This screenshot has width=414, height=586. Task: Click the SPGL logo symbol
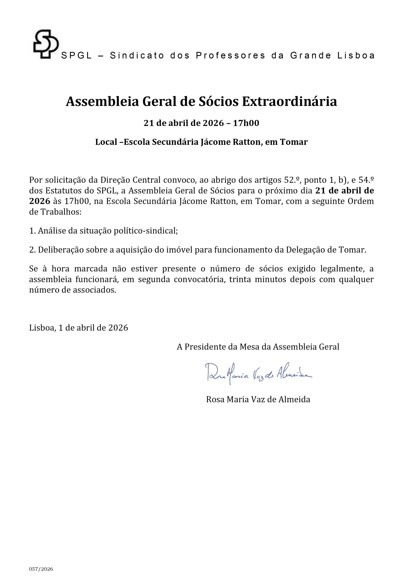tap(46, 44)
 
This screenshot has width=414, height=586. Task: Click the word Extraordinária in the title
tap(290, 102)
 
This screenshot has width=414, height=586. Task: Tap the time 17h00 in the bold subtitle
tap(246, 123)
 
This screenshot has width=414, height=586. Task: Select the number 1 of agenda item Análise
tap(32, 231)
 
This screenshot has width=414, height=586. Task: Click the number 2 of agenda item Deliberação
tap(32, 250)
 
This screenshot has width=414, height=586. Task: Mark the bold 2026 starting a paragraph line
tap(40, 201)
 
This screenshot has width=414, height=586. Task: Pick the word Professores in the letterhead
tap(230, 56)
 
